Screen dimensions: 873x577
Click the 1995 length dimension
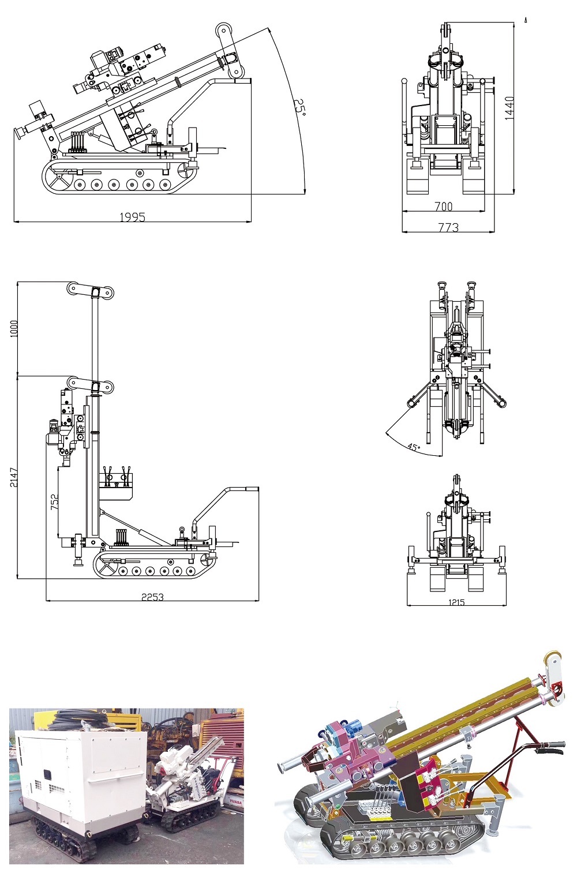pyautogui.click(x=132, y=217)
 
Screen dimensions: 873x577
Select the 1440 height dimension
pyautogui.click(x=509, y=108)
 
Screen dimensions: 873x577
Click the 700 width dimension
pyautogui.click(x=443, y=206)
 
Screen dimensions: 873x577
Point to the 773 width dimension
pyautogui.click(x=448, y=227)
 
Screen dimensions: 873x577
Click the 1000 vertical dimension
pyautogui.click(x=14, y=329)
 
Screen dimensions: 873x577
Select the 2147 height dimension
pyautogui.click(x=14, y=477)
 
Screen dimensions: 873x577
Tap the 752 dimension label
pyautogui.click(x=54, y=501)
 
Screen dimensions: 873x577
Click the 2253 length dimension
pyautogui.click(x=152, y=597)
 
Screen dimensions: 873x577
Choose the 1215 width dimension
pyautogui.click(x=456, y=602)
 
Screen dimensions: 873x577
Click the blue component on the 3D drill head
pyautogui.click(x=336, y=735)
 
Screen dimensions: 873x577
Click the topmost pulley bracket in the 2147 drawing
pyautogui.click(x=90, y=290)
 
